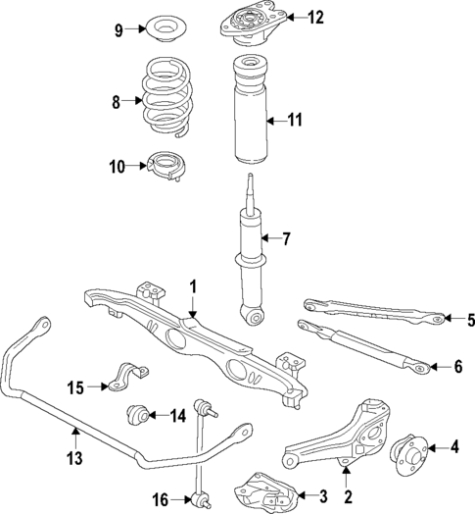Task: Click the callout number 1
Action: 193,286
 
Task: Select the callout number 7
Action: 286,238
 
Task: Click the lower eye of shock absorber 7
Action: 255,316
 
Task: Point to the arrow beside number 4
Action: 436,448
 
